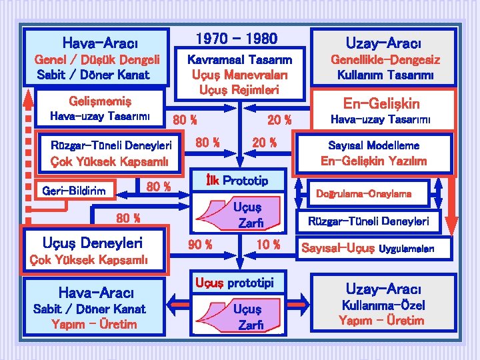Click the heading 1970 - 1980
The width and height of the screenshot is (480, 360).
point(236,39)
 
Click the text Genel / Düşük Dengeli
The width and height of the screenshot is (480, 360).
point(97,60)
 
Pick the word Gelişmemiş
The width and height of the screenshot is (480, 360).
point(100,101)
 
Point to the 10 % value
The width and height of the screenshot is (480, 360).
point(268,245)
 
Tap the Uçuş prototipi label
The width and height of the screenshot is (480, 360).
point(234,283)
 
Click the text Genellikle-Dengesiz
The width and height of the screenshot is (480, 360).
point(386,60)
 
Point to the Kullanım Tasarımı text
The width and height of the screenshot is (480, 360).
point(386,75)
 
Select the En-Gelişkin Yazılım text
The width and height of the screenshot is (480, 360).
point(373,161)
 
